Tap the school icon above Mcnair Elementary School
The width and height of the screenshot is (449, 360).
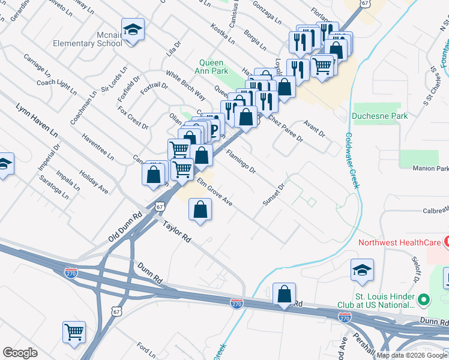pos(133,30)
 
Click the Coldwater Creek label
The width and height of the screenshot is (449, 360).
pos(352,160)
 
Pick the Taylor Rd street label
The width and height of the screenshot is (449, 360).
pos(176,230)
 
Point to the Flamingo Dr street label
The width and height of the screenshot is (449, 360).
pos(241,161)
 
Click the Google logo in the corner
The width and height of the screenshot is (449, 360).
pos(20,352)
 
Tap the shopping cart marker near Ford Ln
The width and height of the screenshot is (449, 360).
pos(74,332)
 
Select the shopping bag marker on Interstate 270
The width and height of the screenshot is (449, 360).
pos(285,295)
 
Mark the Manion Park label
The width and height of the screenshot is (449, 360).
pos(430,169)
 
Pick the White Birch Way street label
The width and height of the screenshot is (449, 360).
pos(186,86)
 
